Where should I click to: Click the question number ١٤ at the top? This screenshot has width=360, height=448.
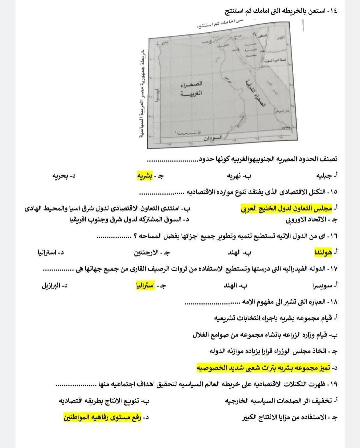click(333, 11)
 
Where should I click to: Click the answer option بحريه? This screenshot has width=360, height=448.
click(61, 176)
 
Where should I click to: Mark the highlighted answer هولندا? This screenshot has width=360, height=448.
click(323, 253)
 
